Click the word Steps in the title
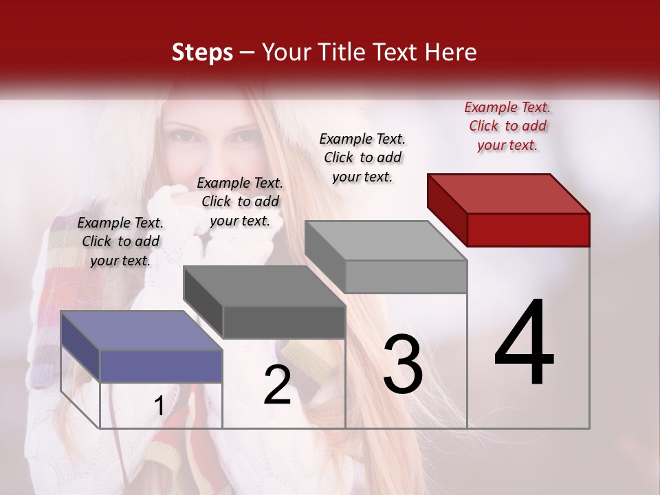point(202,52)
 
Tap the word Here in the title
point(451,52)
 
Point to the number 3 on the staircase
point(403,364)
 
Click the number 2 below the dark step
point(277,385)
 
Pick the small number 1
point(159,406)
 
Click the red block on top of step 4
point(509,210)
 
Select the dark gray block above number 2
point(265,302)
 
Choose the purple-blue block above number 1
point(142,347)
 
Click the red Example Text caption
point(507,126)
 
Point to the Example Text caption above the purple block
point(120,241)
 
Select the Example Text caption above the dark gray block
point(240,201)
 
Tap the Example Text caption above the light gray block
point(362,157)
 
